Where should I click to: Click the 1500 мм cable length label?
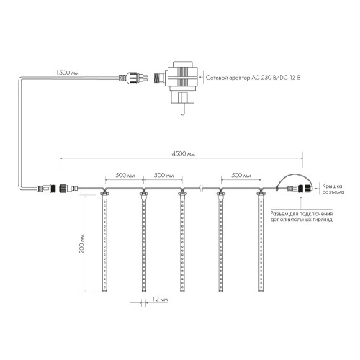tap(67, 73)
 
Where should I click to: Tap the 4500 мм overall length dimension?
tap(184, 153)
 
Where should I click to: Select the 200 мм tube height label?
tap(81, 243)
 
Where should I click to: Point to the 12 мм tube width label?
tap(160, 300)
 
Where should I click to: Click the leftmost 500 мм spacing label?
tap(125, 175)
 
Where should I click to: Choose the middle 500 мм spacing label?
tap(163, 175)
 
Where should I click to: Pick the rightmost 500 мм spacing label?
tap(241, 175)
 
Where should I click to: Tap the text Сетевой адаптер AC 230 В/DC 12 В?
tap(253, 78)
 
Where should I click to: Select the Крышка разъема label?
tap(333, 189)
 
